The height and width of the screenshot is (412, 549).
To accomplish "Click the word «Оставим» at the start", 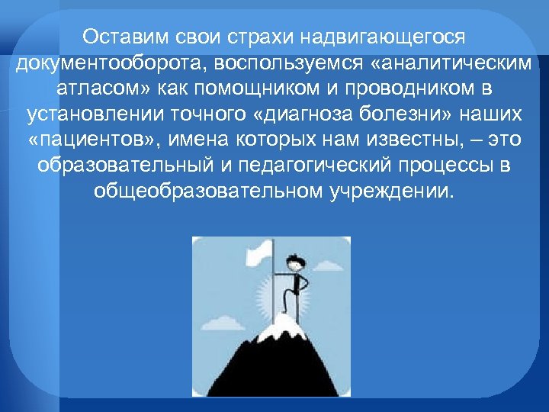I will (x=121, y=37).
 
